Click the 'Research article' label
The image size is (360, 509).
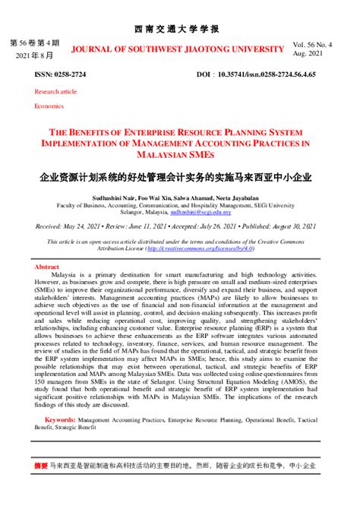55,91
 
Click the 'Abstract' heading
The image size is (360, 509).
46,267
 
